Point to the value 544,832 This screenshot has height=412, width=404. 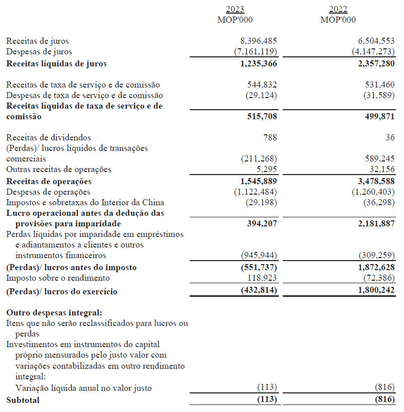tap(262, 85)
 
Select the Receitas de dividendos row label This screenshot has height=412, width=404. tap(48, 137)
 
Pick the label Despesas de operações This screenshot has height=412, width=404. tap(48, 192)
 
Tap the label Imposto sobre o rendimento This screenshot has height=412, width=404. tap(58, 278)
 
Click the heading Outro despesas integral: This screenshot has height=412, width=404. tap(54, 312)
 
